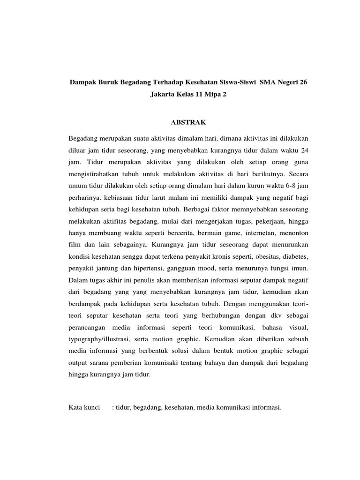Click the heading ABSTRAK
(187, 122)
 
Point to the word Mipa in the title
(209, 94)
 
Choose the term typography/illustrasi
(99, 338)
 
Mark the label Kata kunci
(84, 407)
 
